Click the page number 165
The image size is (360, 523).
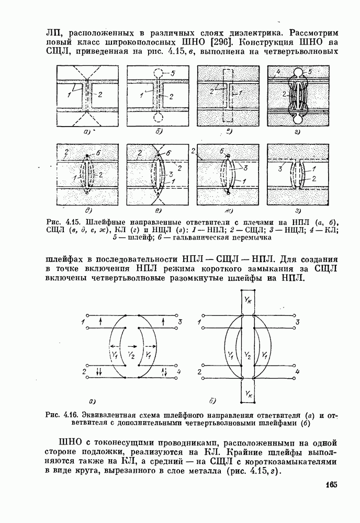[x=329, y=484]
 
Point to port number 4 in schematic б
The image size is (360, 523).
[x=297, y=371]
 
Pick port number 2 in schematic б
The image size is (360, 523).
[x=199, y=371]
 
